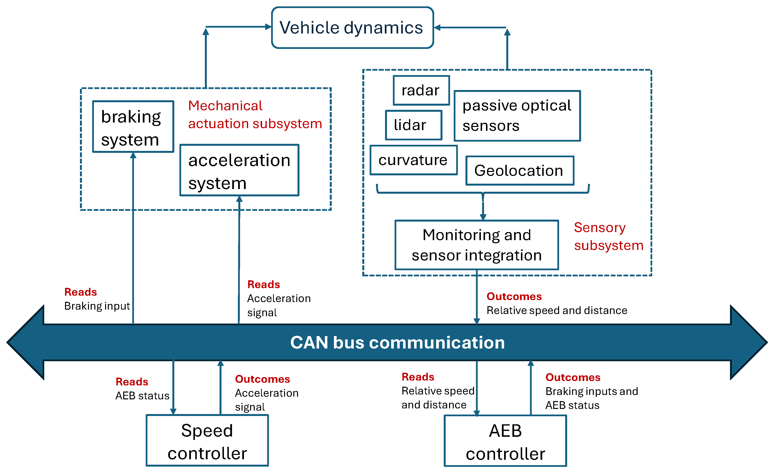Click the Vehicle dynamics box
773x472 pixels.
pos(352,28)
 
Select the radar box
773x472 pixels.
pos(421,90)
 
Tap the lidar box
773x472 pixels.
pos(413,125)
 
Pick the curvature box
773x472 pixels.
pos(413,160)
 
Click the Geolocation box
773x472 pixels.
pos(519,171)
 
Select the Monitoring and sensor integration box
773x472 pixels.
pos(476,245)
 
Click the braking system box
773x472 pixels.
pos(133,127)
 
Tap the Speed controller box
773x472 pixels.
pos(207,441)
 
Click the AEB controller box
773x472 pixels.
pos(505,441)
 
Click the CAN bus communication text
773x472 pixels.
pos(397,342)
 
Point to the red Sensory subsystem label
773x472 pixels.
pos(608,236)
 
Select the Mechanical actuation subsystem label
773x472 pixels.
pos(255,114)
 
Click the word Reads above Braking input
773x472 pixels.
pos(81,292)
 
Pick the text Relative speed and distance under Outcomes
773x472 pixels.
pos(557,310)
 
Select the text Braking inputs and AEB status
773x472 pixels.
pos(591,398)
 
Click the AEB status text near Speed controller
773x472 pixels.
pos(142,396)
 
